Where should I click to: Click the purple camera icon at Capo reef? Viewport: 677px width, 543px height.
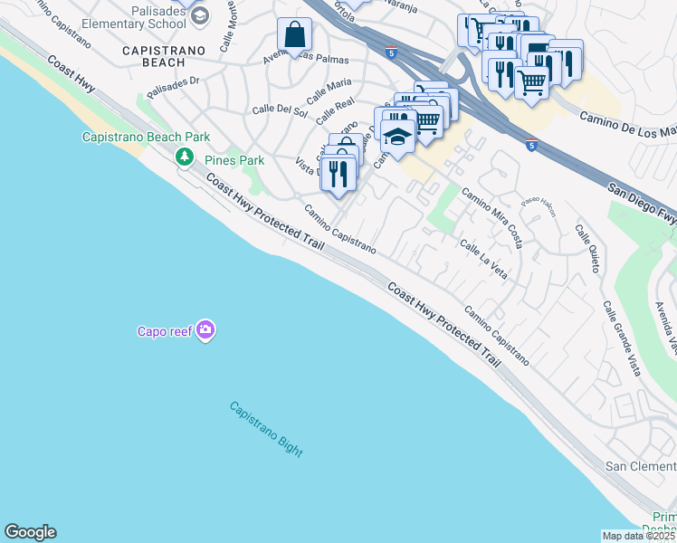(205, 330)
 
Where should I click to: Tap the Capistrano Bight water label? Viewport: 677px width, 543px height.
(265, 429)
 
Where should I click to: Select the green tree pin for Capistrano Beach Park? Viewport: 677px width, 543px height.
(185, 158)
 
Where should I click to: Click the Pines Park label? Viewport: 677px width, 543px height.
(234, 160)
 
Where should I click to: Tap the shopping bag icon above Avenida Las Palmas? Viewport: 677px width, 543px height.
(294, 36)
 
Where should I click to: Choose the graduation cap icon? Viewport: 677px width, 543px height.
(396, 137)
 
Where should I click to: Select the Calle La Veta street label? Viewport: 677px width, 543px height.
(482, 258)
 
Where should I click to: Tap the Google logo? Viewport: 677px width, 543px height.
(30, 532)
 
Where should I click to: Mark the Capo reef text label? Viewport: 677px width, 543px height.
(165, 331)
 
